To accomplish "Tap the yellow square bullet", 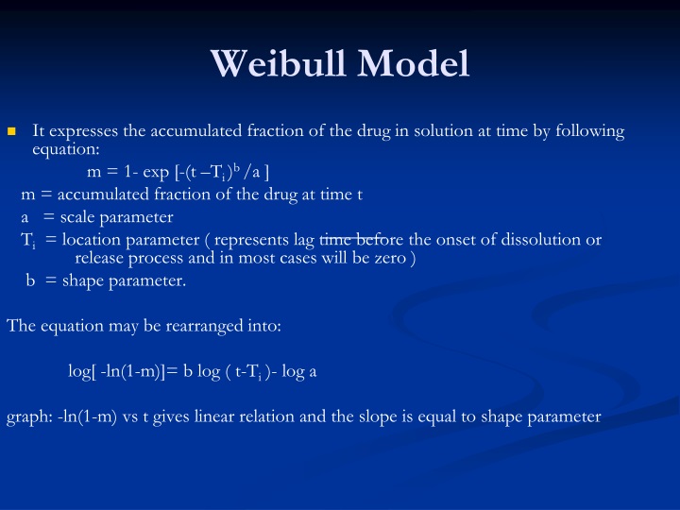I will pyautogui.click(x=12, y=131).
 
